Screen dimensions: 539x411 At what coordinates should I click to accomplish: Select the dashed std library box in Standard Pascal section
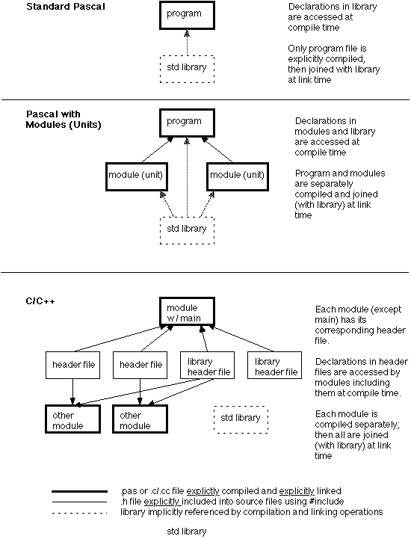[x=187, y=68]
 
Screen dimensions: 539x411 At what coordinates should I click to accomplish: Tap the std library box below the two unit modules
[x=187, y=229]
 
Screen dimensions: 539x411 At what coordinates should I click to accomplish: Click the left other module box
[x=72, y=420]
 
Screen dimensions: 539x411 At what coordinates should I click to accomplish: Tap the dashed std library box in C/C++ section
[x=241, y=418]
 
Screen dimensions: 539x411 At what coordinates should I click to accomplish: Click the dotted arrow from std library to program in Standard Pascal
[x=187, y=42]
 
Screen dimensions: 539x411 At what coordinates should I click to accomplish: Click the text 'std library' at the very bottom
[x=186, y=532]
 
